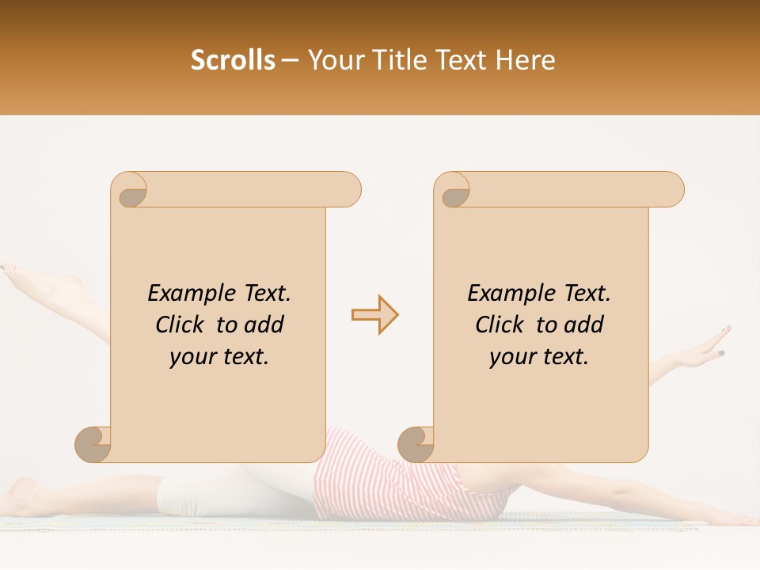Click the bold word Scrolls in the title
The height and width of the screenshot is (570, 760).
233,60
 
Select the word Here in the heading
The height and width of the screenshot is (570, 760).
525,60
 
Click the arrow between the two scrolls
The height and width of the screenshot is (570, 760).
375,315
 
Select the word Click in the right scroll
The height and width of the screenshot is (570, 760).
500,325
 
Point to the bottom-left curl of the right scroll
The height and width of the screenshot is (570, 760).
416,443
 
